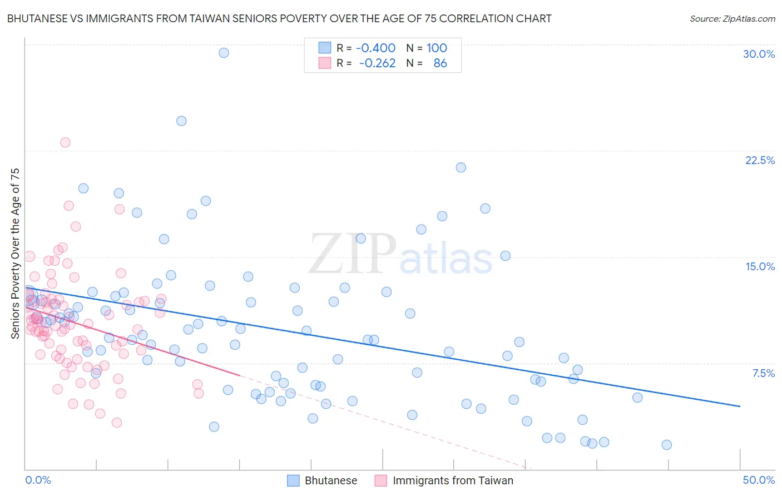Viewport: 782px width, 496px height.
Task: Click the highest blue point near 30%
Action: (224, 53)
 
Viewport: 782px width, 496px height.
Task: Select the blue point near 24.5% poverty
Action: (181, 121)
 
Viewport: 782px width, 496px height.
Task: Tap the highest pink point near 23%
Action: (65, 142)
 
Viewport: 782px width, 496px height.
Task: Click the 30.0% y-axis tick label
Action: (759, 54)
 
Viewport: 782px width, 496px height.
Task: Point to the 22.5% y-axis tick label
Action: (760, 160)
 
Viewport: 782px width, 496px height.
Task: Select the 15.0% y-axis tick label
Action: (760, 266)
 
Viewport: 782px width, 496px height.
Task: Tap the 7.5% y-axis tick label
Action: (763, 373)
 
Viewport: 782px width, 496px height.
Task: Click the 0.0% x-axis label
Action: (38, 480)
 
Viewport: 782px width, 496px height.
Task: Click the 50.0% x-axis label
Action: (759, 480)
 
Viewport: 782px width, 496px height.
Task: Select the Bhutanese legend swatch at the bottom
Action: (293, 480)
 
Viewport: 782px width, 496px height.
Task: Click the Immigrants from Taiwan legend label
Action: (453, 480)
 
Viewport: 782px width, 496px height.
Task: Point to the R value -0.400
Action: (375, 48)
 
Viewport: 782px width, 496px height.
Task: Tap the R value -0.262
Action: (377, 63)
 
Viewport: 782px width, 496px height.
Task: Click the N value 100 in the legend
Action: (437, 48)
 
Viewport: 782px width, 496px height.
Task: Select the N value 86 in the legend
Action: (440, 63)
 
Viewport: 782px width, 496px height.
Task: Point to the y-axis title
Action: (16, 253)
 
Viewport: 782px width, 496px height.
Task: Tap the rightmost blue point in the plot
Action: (666, 445)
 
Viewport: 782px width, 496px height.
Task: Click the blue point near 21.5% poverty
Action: (461, 167)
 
